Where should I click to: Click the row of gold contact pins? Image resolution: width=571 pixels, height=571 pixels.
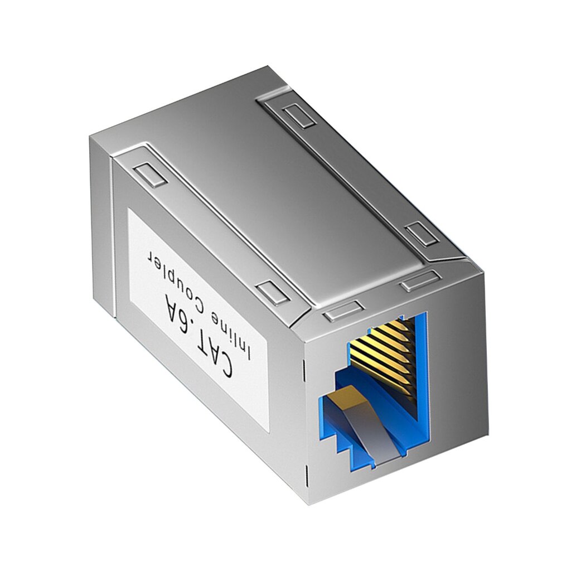385,351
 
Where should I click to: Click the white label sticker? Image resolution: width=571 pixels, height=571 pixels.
198,318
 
